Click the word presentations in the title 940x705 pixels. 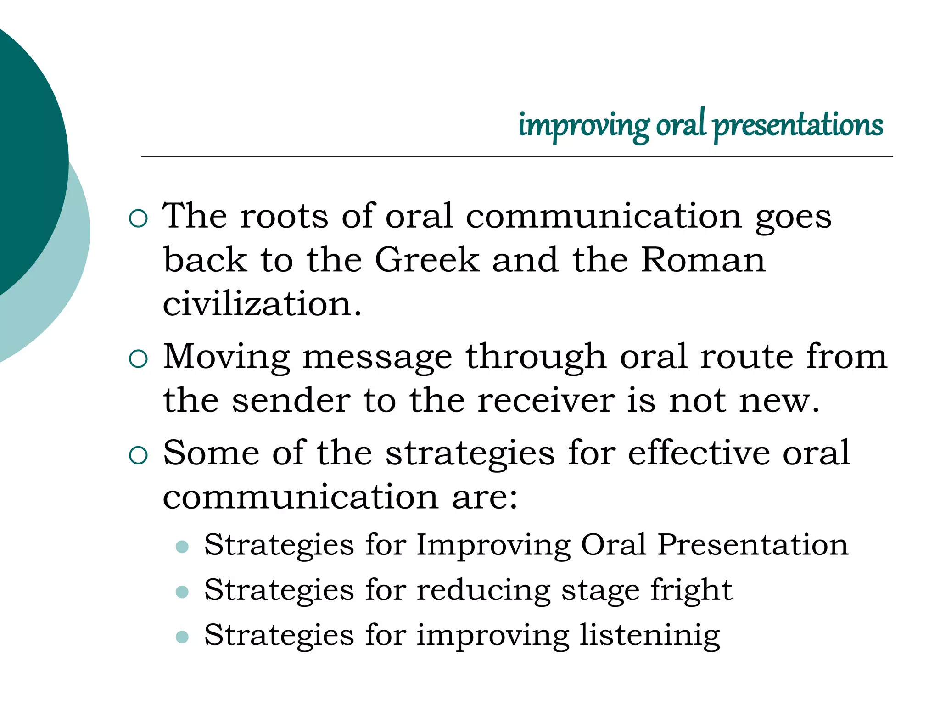798,125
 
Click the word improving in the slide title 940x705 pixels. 584,125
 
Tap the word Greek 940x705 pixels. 427,260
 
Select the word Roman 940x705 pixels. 703,260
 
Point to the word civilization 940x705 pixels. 262,304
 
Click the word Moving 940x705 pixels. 227,357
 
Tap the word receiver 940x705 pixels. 546,400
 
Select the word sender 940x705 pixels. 291,400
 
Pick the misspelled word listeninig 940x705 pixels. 649,635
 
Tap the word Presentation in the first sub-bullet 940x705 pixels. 753,545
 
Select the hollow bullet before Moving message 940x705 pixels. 139,359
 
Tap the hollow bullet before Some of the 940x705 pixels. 139,455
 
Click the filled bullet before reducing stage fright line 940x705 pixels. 182,592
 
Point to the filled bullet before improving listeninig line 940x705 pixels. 182,637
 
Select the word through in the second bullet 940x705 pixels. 536,357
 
